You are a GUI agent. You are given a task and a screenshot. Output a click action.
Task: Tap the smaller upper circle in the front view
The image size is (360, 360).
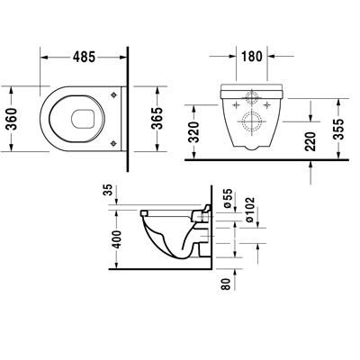pyautogui.click(x=251, y=97)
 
